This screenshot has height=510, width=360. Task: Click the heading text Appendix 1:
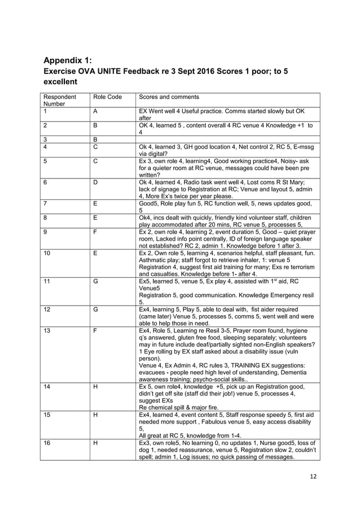tap(68, 62)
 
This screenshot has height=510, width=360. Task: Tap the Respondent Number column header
tap(55, 101)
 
